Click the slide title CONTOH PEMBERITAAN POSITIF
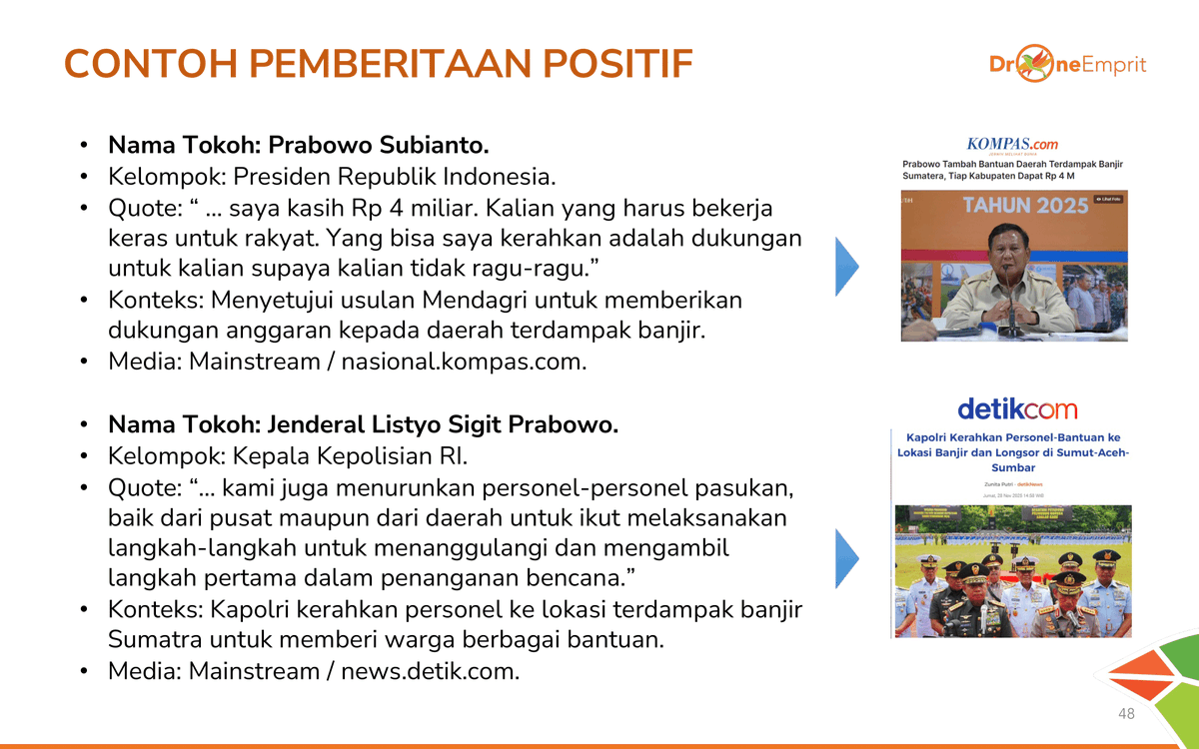tap(378, 65)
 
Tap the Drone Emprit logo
tap(1067, 65)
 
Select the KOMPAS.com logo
tap(1012, 144)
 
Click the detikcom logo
tap(1016, 409)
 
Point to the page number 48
tap(1126, 714)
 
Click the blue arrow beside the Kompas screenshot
tap(846, 267)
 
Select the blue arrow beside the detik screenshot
tap(846, 558)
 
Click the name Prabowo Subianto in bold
tap(379, 146)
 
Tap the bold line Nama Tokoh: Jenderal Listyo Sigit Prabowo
tap(363, 424)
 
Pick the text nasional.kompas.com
tap(463, 362)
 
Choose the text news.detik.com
tap(430, 671)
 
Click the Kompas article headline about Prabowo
tap(1012, 169)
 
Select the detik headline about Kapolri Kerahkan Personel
tap(1012, 452)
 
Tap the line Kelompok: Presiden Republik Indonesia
tap(332, 177)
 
